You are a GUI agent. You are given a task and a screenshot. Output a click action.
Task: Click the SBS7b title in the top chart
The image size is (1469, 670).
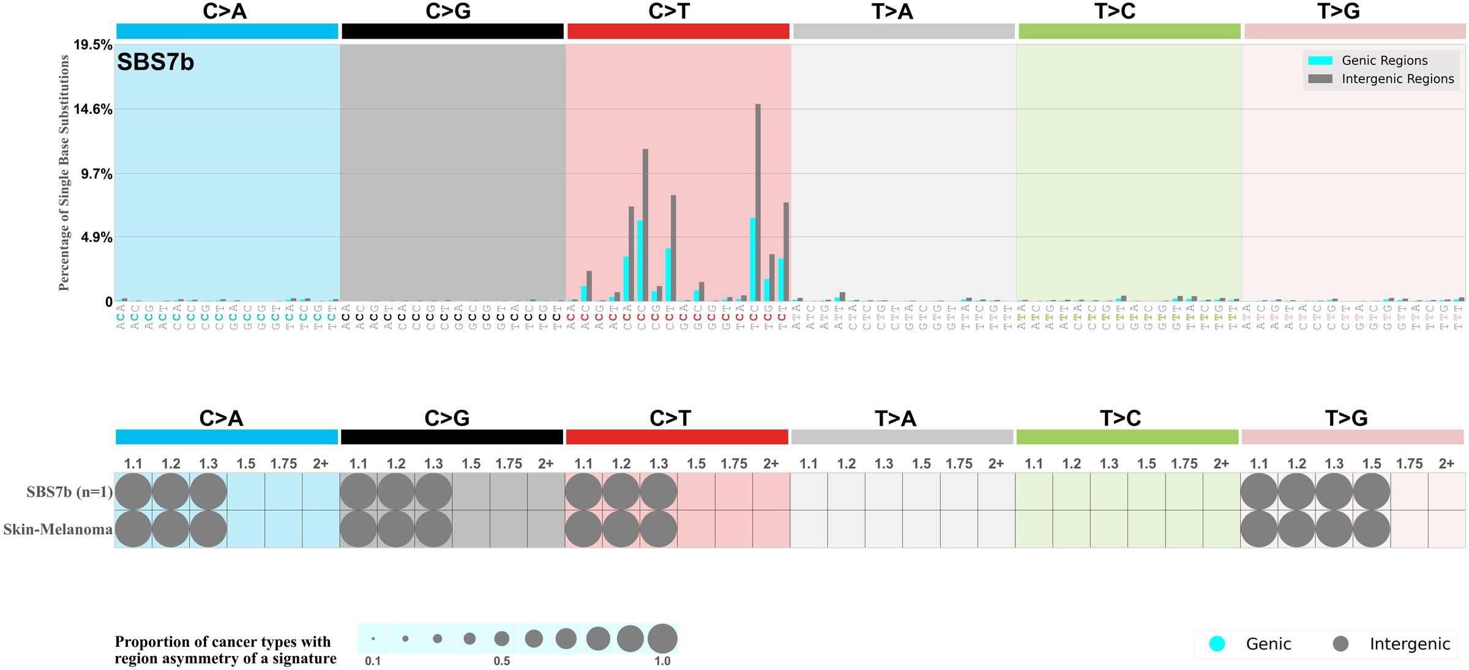coord(155,62)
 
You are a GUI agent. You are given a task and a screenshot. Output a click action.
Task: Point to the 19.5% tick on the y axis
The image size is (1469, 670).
coord(92,45)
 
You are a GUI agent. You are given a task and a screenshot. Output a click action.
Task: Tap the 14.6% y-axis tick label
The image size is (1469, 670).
coord(92,110)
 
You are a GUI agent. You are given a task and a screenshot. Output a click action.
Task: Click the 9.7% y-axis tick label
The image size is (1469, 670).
coord(97,174)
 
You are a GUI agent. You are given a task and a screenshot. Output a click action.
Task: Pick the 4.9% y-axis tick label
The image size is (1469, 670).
coord(97,237)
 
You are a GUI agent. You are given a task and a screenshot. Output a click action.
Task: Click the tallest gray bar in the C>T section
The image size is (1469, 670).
coord(758,202)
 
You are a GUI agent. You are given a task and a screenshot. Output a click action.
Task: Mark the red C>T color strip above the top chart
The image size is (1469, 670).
coord(678,31)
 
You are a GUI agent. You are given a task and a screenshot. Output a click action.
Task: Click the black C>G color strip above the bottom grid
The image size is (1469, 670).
coord(452,437)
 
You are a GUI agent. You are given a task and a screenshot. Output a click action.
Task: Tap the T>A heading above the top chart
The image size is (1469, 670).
coord(892,12)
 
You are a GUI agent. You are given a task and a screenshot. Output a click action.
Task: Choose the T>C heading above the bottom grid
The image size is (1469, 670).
coord(1120,419)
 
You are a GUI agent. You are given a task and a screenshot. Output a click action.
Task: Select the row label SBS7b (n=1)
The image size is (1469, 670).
coord(69,492)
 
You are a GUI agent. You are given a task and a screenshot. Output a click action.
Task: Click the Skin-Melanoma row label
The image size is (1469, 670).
coord(58,529)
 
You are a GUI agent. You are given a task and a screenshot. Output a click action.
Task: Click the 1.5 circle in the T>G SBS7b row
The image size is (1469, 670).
coord(1372,491)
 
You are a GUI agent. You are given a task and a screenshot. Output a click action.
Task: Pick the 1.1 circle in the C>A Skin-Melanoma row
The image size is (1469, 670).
coord(133,529)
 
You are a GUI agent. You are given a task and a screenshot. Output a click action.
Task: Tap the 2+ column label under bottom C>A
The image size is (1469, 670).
coord(321,464)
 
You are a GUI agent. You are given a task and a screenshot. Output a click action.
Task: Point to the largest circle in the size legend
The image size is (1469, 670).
coord(662,639)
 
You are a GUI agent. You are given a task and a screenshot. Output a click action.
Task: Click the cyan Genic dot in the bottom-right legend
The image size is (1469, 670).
coord(1217,644)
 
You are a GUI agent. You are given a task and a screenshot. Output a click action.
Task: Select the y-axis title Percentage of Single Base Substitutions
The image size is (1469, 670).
coord(64,173)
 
